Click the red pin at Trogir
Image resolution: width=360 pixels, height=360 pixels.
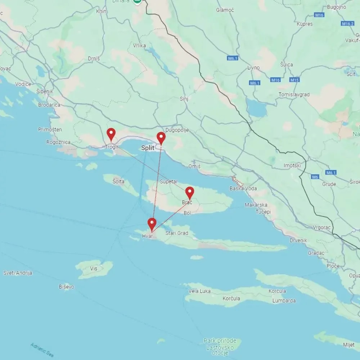(111, 134)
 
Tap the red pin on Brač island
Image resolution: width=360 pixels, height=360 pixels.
(190, 193)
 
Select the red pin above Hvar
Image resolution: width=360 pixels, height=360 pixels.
(152, 224)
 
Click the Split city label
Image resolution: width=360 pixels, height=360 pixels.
(148, 148)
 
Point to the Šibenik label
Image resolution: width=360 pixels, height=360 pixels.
(45, 91)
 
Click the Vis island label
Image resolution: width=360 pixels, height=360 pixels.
(94, 269)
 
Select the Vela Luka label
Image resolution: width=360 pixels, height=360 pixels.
(200, 291)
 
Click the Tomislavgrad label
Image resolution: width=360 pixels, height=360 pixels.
(294, 95)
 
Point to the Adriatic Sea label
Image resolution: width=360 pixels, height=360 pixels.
(42, 350)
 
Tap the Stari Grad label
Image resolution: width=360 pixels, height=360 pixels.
(177, 233)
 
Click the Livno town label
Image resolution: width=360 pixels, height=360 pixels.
(253, 68)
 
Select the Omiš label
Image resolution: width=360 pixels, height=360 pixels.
(194, 166)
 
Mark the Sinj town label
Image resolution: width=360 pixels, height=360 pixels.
(184, 98)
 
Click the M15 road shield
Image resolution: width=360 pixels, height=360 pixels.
(294, 80)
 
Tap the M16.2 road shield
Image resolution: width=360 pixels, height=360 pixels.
(347, 23)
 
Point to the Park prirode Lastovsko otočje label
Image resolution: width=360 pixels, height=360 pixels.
(220, 347)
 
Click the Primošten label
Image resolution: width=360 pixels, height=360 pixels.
(50, 130)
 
